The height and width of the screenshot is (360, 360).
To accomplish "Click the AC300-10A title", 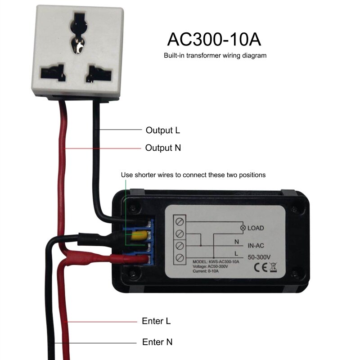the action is pos(214,39).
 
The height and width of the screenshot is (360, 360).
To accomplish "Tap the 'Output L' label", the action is pos(162,130).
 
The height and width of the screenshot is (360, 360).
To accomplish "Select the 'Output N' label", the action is pos(163,148).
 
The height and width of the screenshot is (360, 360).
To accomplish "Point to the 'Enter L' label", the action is pos(156,321).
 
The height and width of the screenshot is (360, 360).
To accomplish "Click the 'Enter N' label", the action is pos(157,342).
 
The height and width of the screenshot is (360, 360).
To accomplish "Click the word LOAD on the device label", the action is pos(256,228).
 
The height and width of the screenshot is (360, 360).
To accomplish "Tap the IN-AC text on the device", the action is pos(258,246).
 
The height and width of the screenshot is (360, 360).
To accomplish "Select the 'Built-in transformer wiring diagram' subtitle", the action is pos(215,56).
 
